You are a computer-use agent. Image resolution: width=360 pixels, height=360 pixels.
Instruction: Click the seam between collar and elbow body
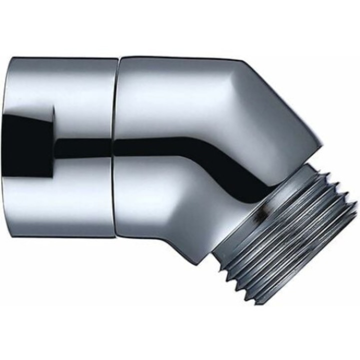(115, 147)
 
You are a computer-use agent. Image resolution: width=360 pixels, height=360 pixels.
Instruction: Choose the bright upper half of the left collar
(65, 95)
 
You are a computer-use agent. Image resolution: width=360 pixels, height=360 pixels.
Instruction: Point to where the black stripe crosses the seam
(114, 145)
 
